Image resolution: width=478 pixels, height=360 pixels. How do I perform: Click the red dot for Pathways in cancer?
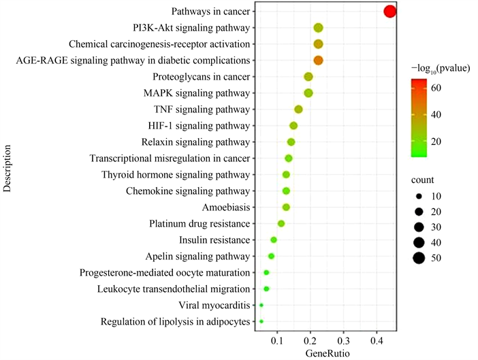point(389,12)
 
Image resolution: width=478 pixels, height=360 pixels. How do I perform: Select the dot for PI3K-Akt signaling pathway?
point(318,28)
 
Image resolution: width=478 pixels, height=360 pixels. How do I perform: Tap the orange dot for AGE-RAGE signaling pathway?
point(318,61)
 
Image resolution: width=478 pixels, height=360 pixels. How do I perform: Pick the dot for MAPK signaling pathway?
point(308,93)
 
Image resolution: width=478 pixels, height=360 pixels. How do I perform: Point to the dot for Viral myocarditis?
point(261,306)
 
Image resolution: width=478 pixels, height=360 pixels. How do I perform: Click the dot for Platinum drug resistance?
point(281,224)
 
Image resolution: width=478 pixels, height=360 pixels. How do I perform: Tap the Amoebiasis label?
point(227,207)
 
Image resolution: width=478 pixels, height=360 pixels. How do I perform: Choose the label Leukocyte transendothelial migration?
point(174,289)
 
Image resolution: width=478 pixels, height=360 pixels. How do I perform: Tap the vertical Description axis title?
point(8,167)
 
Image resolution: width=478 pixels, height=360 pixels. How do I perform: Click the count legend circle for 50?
point(417,257)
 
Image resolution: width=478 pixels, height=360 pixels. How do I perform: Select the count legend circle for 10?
point(417,195)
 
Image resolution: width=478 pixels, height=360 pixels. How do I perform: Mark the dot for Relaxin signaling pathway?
point(291,142)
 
